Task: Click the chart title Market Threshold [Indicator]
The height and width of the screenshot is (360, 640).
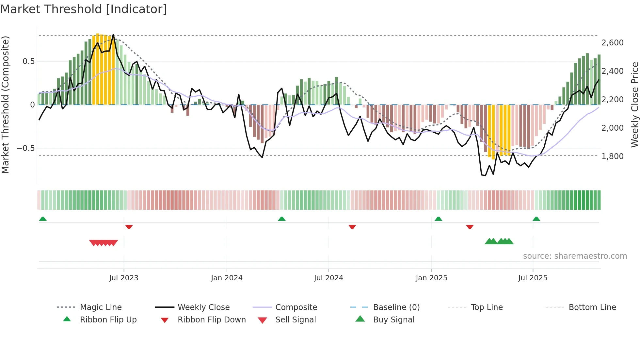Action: (84, 9)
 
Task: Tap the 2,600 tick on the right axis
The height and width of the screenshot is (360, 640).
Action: (612, 43)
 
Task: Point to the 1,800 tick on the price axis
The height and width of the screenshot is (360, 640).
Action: (612, 156)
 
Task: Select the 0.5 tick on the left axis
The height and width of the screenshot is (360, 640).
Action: (28, 61)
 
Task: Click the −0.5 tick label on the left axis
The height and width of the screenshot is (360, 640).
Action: (25, 148)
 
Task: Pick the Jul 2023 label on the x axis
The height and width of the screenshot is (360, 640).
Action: (124, 278)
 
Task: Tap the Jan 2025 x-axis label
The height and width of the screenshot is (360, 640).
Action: (431, 278)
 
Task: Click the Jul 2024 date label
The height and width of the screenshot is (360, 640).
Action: (328, 278)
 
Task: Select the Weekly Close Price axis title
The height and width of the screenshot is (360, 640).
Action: (634, 105)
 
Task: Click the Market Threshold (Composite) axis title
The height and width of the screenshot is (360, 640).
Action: (5, 105)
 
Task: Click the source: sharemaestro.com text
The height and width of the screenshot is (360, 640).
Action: (575, 256)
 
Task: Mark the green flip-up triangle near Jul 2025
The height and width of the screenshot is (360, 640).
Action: (536, 219)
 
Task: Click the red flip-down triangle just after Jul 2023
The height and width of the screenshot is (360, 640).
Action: (129, 227)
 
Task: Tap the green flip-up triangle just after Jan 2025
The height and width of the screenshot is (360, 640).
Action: (439, 219)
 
